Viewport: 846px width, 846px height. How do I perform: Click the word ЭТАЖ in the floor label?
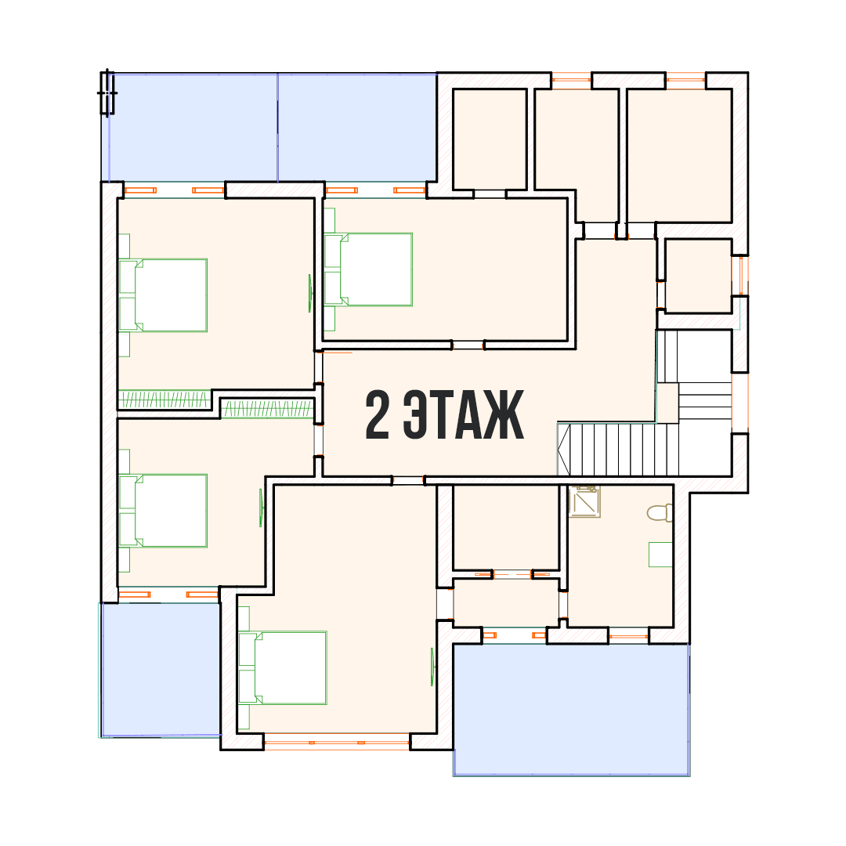464,414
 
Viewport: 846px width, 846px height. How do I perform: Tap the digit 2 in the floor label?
377,414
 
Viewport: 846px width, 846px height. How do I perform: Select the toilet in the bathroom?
660,512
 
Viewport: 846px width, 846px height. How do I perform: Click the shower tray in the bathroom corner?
584,501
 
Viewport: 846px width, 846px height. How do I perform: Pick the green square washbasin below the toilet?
660,554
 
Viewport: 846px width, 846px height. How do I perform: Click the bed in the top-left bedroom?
163,295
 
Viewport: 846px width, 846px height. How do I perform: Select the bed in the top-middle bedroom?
368,269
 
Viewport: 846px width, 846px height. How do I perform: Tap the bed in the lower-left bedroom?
163,511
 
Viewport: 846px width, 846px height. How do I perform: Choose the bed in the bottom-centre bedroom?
282,668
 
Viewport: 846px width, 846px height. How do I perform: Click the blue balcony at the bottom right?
571,710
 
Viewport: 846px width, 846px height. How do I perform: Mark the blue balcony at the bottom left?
161,669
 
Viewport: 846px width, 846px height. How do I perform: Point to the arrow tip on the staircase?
559,450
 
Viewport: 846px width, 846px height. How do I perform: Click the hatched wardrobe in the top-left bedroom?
164,399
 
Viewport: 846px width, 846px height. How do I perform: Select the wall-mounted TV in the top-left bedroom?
309,294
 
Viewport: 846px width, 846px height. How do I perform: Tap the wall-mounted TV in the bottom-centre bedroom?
432,667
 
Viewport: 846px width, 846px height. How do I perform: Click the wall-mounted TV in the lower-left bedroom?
261,508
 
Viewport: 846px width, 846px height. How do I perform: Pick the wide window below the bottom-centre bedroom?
337,743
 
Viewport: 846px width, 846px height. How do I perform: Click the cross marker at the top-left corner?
107,92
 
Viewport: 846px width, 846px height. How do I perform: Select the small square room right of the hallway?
698,276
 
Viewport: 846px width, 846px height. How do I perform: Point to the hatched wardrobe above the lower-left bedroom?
267,408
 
